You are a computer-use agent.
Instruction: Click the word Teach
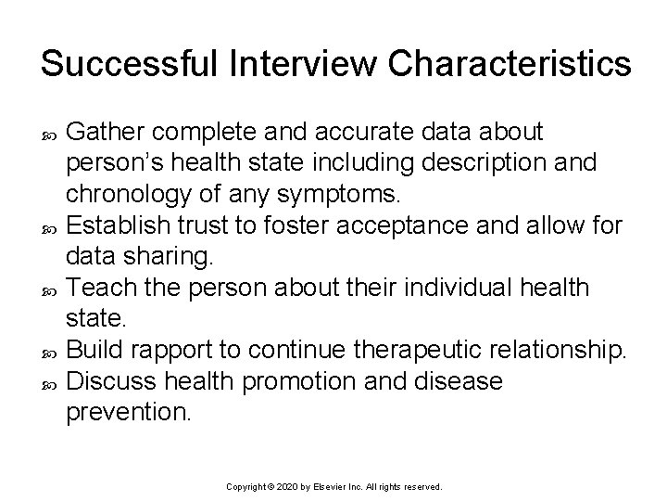(100, 288)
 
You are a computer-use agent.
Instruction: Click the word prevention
(128, 412)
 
